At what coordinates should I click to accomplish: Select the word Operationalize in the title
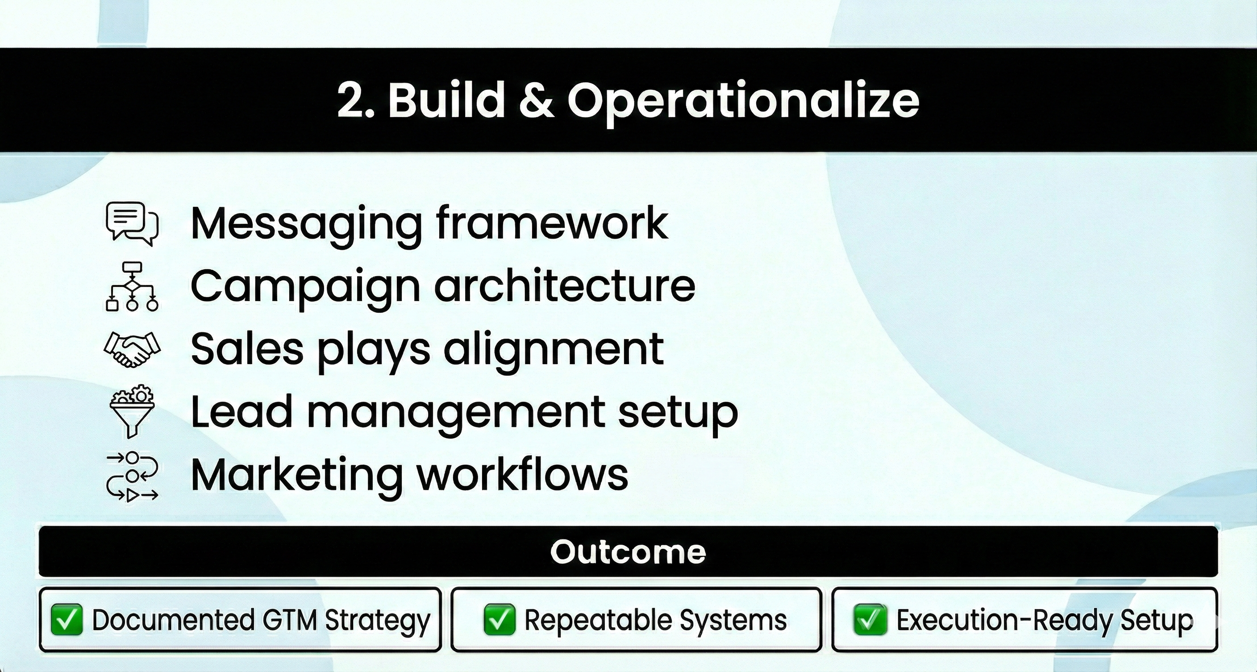(x=743, y=103)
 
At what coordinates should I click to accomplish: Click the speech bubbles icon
(x=132, y=224)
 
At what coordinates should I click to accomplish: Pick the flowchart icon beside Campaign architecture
(x=132, y=286)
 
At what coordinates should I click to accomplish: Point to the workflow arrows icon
(x=132, y=477)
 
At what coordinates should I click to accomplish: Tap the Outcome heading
(x=628, y=552)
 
